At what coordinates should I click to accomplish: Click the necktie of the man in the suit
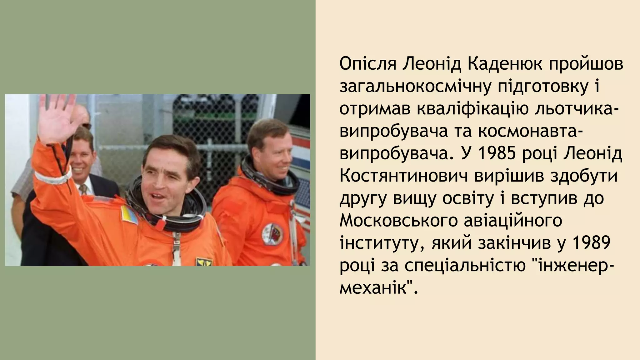coord(83,189)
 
